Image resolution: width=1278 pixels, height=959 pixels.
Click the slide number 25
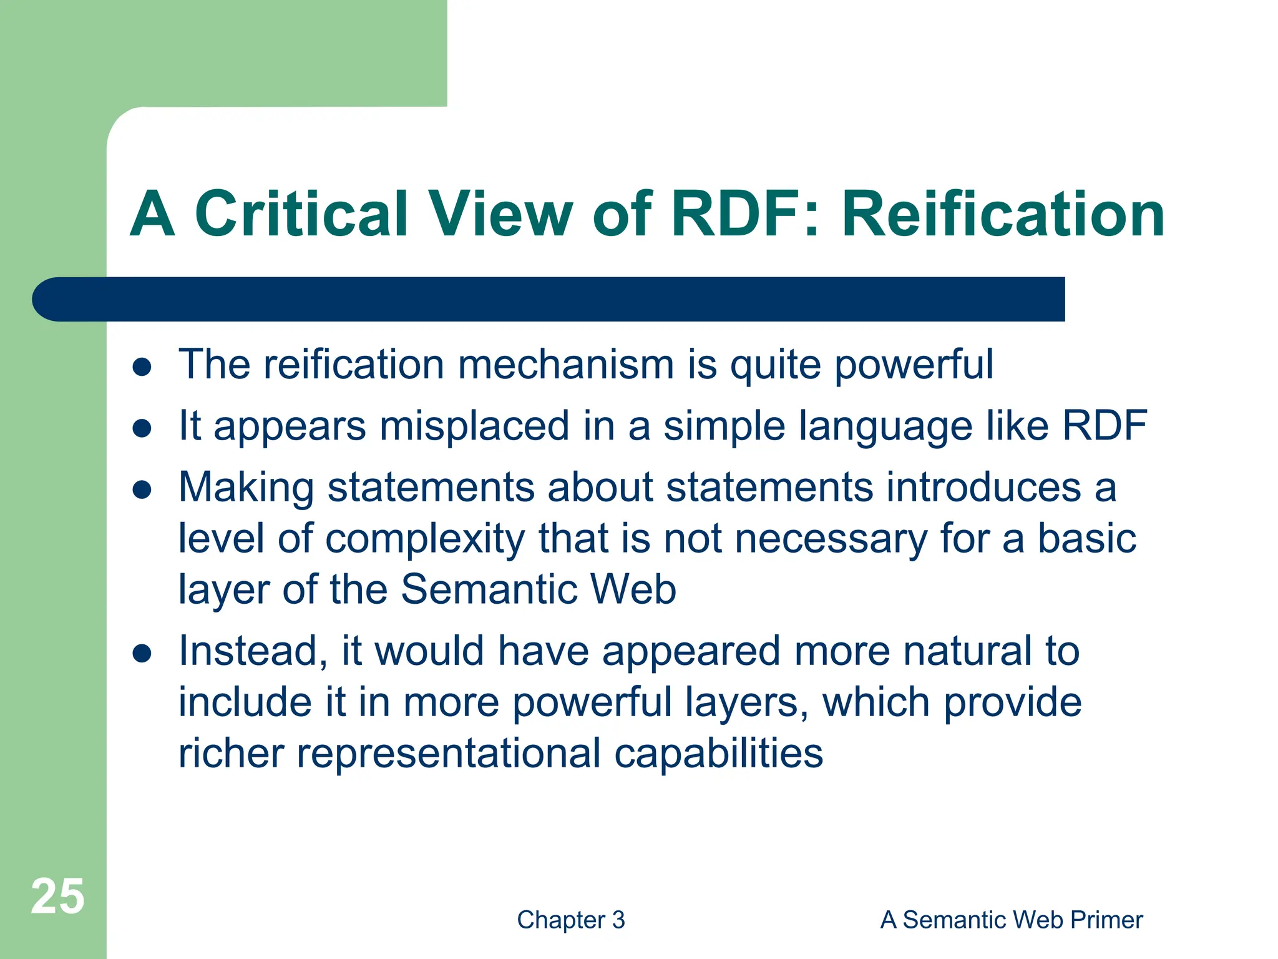(57, 897)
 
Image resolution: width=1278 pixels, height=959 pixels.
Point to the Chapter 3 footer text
(571, 920)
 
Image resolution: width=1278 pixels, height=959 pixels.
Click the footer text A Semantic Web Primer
(1012, 920)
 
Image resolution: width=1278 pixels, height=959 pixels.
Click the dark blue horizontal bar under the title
(549, 299)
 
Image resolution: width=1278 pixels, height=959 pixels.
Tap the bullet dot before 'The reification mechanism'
(142, 367)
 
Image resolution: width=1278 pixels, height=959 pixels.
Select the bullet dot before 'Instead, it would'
(142, 654)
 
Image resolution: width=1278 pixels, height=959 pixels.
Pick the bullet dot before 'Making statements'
(142, 490)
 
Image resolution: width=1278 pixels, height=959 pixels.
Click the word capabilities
(718, 754)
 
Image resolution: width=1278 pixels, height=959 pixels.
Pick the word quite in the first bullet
(775, 365)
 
